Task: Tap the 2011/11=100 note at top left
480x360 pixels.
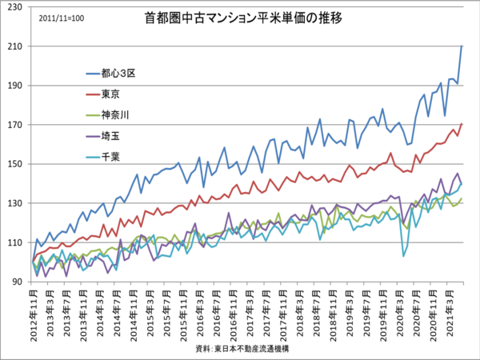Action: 58,18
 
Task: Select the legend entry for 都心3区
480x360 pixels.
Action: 119,73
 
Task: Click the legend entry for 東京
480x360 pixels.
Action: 111,94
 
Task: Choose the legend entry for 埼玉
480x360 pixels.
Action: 111,136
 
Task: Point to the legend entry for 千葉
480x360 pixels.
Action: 111,157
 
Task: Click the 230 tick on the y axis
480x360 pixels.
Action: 16,7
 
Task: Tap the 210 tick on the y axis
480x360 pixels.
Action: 16,46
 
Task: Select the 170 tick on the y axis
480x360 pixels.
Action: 16,125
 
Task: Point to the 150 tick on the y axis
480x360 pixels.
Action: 16,164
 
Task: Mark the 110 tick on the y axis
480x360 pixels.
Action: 16,242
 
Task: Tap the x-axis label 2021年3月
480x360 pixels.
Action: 450,312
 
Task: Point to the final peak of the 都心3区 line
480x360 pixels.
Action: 462,46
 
